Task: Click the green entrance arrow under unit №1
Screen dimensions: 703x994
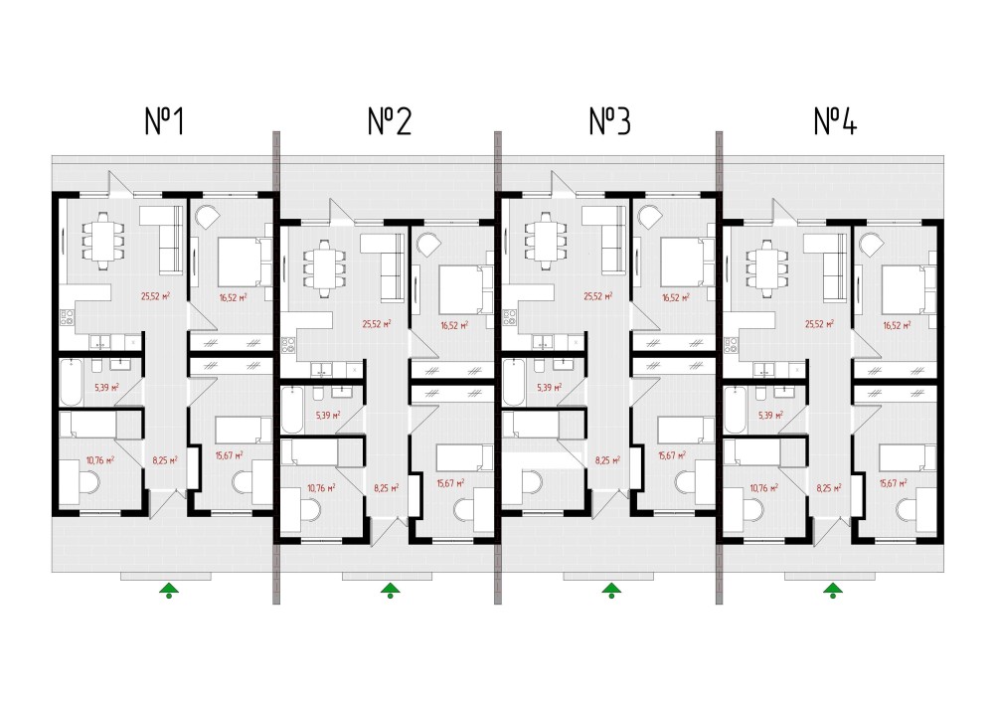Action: (170, 592)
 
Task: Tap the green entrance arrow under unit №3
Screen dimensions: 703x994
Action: (611, 592)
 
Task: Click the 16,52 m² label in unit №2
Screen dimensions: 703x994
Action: (453, 324)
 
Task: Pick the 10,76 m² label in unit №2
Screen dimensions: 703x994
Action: (322, 488)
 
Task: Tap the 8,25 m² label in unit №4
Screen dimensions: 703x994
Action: (829, 488)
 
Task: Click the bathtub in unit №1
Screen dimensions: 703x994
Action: (72, 382)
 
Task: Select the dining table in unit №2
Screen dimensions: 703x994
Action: (320, 265)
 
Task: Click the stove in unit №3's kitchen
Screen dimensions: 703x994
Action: (512, 318)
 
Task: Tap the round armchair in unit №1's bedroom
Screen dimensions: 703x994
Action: (207, 216)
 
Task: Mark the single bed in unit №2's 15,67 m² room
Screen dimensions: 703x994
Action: (463, 457)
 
